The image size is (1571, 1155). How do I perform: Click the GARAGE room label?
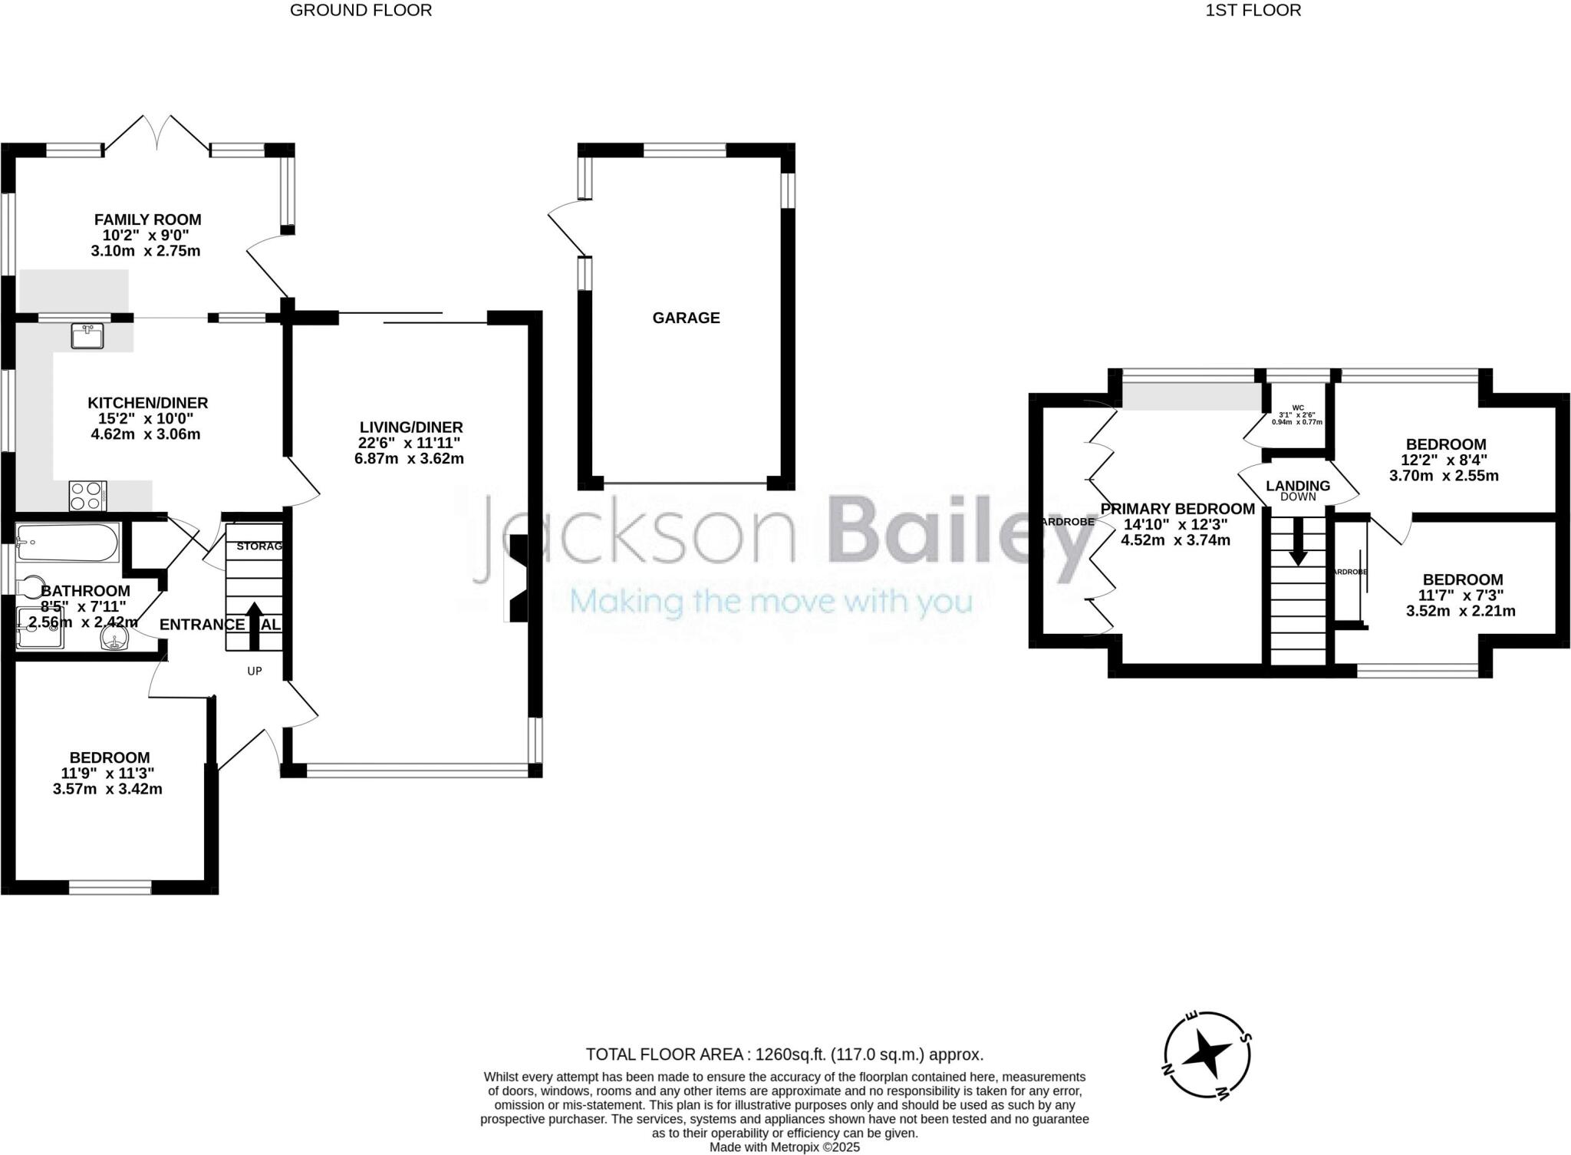tap(686, 318)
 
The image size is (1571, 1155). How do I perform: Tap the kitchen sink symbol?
tap(87, 336)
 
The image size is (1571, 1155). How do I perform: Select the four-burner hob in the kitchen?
tap(88, 495)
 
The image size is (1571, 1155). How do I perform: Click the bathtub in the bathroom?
tap(68, 543)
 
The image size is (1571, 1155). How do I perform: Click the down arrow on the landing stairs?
tap(1297, 540)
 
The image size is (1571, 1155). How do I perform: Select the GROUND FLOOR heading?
tap(361, 10)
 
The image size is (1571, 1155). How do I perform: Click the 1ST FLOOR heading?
tap(1253, 10)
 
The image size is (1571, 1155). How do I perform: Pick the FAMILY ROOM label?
tap(147, 220)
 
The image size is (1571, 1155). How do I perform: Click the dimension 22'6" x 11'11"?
tap(410, 443)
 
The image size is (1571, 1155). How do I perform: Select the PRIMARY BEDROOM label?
tap(1177, 509)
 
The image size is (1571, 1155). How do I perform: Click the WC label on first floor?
tap(1298, 408)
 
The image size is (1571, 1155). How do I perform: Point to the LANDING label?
tap(1298, 486)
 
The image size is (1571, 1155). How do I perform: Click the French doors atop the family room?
tap(157, 134)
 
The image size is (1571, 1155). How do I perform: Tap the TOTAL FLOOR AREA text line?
tap(784, 1054)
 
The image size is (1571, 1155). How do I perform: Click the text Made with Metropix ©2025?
tap(784, 1147)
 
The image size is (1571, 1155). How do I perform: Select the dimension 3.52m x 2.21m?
tap(1461, 611)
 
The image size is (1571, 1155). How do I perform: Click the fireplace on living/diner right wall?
tap(517, 578)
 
